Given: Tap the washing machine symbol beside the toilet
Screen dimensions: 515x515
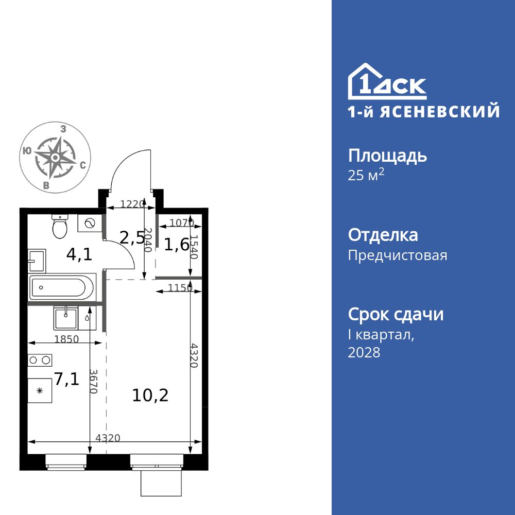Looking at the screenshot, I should point(90,223).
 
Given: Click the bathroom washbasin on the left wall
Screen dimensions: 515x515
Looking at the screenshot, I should point(37,261).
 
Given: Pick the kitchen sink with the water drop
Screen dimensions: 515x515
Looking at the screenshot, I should point(65,318).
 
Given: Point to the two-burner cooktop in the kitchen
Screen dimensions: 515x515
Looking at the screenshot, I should point(41,359).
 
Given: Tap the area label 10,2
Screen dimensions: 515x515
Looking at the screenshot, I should point(150,396).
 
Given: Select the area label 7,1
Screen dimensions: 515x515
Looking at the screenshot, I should point(66,380).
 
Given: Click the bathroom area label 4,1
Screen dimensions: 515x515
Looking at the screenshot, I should point(79,254).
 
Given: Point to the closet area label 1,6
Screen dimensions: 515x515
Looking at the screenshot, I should point(176,245).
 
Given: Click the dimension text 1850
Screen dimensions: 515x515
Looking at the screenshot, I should point(66,339).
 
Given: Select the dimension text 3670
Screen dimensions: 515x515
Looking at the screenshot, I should point(93,381).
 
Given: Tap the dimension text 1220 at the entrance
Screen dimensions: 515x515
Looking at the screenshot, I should point(131,204).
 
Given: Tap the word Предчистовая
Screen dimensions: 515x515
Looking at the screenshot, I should point(398,255).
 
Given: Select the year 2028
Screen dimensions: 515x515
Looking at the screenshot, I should point(364,353).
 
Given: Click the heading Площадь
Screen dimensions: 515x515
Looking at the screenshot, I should point(387,156).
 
